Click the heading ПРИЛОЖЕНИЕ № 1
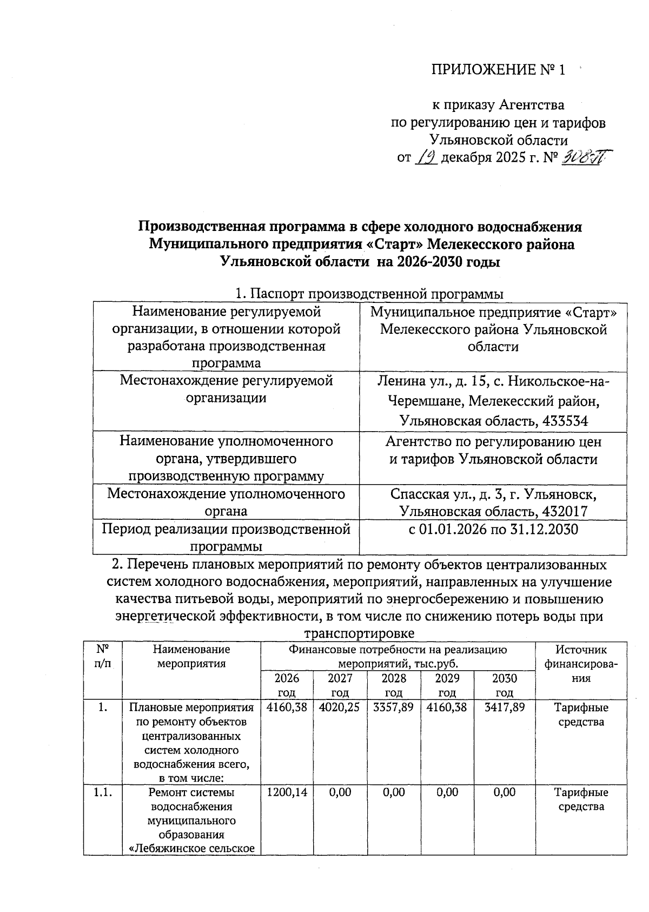(x=498, y=70)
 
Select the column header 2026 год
(x=287, y=685)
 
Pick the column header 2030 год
(x=504, y=685)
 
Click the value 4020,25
(x=340, y=708)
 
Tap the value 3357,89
(x=393, y=708)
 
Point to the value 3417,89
(x=504, y=708)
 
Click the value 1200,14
(x=287, y=792)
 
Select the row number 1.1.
(x=102, y=792)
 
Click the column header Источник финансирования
(x=581, y=664)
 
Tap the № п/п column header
(x=102, y=656)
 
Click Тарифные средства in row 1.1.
(x=581, y=799)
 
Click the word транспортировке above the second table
(x=360, y=633)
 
